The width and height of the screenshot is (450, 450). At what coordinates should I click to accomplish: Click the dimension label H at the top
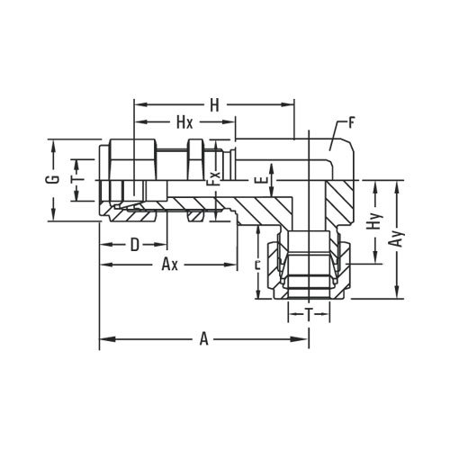click(214, 105)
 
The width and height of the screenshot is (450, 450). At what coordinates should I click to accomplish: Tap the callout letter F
click(352, 119)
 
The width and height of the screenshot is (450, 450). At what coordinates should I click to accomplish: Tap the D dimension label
click(133, 244)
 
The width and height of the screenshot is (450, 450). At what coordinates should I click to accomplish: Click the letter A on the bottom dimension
click(204, 339)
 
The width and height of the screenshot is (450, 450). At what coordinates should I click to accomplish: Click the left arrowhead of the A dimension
click(103, 339)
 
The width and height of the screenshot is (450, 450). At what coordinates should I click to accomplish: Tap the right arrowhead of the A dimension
click(306, 339)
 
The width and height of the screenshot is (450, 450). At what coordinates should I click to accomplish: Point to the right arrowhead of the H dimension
click(292, 104)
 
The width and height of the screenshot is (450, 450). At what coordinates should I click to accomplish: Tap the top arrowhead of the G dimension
click(55, 143)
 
